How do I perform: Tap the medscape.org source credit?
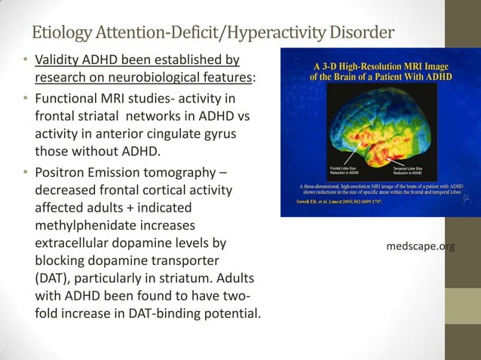(420, 246)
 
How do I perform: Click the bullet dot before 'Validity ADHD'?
(25, 59)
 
